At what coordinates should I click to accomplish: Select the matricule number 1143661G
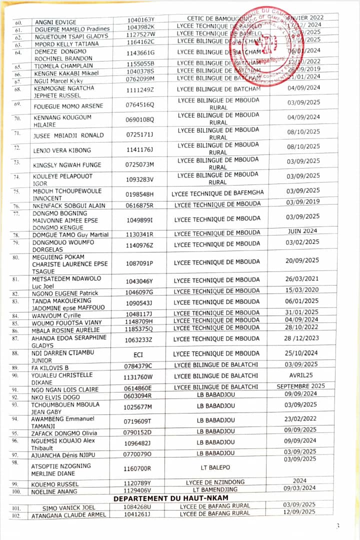[140, 52]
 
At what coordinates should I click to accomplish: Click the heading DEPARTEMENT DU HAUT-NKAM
[170, 498]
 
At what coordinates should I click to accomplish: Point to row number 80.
[15, 257]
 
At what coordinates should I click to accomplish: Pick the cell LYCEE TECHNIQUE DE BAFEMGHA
[217, 193]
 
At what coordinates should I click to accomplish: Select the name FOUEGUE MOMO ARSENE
[68, 106]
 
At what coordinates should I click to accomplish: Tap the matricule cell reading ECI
[140, 354]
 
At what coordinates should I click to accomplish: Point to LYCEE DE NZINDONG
[215, 482]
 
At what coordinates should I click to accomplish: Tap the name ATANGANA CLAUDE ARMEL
[68, 515]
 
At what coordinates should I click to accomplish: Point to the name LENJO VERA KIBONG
[61, 150]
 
